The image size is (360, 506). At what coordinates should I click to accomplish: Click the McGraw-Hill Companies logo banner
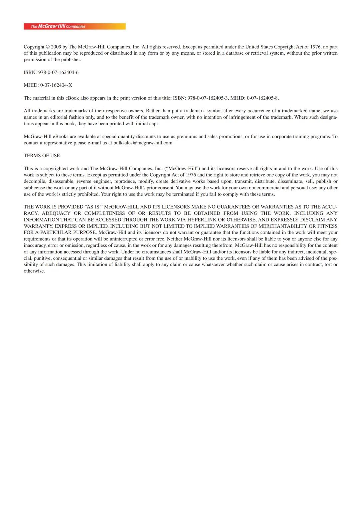point(75,26)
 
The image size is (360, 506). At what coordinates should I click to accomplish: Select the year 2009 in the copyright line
point(56,47)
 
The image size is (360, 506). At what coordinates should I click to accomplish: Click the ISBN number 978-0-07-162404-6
point(58,72)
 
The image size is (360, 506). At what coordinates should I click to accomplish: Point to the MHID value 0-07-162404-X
point(56,85)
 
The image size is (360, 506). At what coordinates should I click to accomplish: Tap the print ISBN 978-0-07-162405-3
point(208,98)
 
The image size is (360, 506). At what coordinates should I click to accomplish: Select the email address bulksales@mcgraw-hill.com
point(143,143)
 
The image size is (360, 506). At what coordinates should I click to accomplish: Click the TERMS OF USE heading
point(42,156)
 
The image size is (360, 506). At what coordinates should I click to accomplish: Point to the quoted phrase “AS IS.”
point(94,207)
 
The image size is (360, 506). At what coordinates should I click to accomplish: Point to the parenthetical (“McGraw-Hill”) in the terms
point(182,169)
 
